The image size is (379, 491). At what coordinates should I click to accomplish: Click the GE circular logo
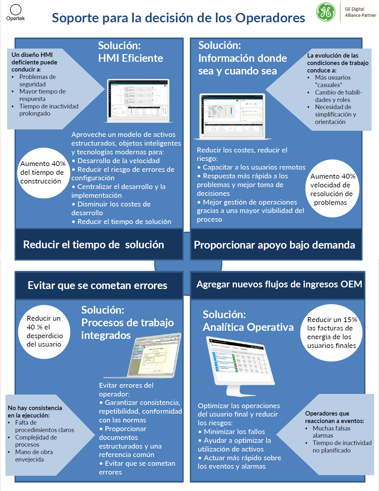pyautogui.click(x=326, y=12)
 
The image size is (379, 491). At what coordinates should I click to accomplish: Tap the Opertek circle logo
pyautogui.click(x=16, y=10)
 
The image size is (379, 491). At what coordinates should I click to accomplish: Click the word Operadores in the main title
pyautogui.click(x=270, y=18)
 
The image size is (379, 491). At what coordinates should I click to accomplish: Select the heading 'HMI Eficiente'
pyautogui.click(x=131, y=58)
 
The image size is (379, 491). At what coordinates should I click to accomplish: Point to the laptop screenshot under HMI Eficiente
pyautogui.click(x=138, y=100)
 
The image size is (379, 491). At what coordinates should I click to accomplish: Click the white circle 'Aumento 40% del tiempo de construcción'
pyautogui.click(x=43, y=173)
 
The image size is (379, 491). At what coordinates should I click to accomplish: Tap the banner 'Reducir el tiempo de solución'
pyautogui.click(x=94, y=245)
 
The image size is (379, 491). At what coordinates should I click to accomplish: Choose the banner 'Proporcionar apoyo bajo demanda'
pyautogui.click(x=274, y=245)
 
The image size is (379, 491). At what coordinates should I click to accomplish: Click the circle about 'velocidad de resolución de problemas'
pyautogui.click(x=332, y=189)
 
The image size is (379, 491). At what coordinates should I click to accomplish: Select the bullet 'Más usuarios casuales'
pyautogui.click(x=332, y=81)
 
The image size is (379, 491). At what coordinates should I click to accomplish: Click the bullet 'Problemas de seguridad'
pyautogui.click(x=37, y=81)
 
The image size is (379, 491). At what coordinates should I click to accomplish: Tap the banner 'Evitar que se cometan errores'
pyautogui.click(x=97, y=285)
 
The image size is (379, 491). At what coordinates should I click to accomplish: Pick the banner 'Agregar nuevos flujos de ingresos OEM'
pyautogui.click(x=279, y=284)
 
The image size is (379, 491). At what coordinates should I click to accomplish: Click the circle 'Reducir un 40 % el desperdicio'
pyautogui.click(x=44, y=331)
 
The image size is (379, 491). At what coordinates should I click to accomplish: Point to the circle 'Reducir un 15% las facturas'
pyautogui.click(x=331, y=333)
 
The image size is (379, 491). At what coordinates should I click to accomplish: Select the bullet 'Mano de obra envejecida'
pyautogui.click(x=34, y=456)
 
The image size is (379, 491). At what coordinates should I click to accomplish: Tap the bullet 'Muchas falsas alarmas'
pyautogui.click(x=331, y=432)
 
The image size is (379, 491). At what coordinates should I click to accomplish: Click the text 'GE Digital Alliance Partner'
pyautogui.click(x=360, y=12)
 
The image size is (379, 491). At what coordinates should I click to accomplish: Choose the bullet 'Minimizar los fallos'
pyautogui.click(x=234, y=432)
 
